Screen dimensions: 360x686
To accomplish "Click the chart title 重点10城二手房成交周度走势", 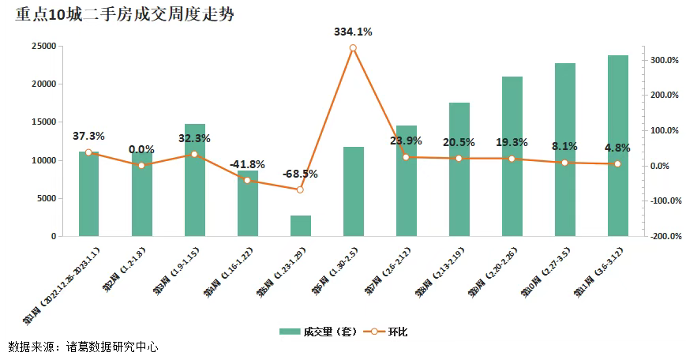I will point(124,15).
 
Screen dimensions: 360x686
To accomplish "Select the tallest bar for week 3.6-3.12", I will point(618,146).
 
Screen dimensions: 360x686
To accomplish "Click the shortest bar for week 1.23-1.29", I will point(301,226).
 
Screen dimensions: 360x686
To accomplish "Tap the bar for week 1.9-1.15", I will point(195,180).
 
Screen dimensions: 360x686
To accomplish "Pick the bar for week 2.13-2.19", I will point(459,170).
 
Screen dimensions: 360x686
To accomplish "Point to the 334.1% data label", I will point(352,32).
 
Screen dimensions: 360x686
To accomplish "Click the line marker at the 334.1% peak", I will point(353,48).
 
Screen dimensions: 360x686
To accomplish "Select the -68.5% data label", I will point(300,174).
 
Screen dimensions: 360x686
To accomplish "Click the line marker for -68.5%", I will point(300,189).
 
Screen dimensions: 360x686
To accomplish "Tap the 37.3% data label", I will point(88,136).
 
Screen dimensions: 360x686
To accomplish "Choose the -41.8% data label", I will point(247,164).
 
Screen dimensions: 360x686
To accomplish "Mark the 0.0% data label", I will point(141,149).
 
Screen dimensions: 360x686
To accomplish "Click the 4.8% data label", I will point(618,147).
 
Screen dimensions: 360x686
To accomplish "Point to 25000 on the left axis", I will point(43,47).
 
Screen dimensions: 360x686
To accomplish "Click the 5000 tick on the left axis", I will point(46,198).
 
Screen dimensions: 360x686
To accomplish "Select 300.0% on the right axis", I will point(665,60).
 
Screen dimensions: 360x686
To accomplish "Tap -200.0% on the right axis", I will point(664,236).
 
